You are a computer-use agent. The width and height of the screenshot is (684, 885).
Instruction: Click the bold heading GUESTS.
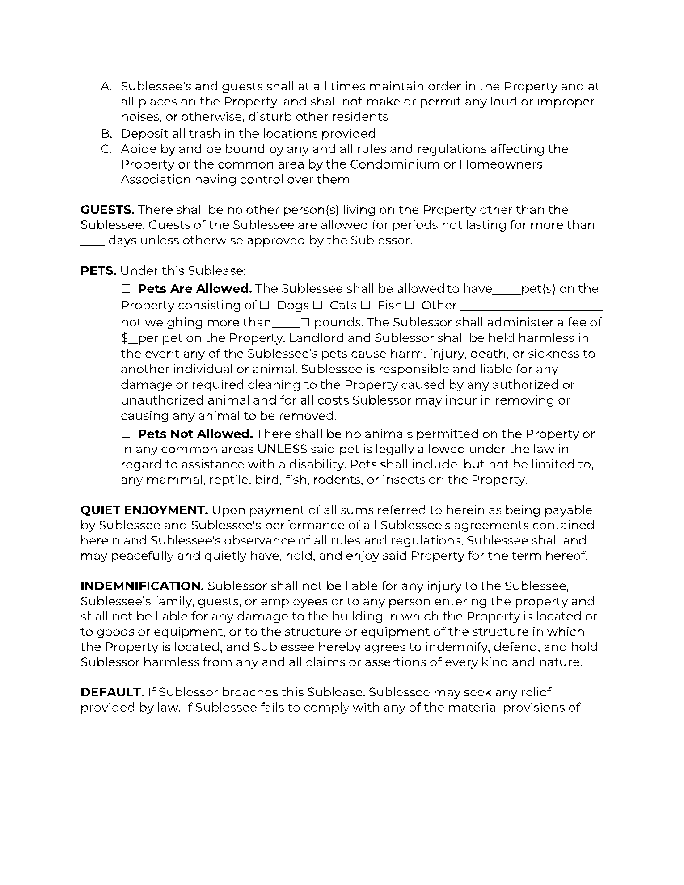(x=107, y=210)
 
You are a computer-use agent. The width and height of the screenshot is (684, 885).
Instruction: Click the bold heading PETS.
(x=98, y=271)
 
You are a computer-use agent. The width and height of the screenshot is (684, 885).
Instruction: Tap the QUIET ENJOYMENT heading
(x=144, y=510)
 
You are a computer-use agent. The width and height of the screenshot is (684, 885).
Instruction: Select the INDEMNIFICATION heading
(x=142, y=586)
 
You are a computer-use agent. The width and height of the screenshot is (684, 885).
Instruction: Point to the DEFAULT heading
(x=112, y=692)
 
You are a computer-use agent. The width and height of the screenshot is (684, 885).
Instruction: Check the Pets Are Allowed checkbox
(x=125, y=289)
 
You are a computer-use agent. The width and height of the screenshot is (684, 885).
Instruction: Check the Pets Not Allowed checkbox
(x=125, y=434)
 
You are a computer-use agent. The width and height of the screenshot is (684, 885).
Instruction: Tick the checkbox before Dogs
(x=264, y=306)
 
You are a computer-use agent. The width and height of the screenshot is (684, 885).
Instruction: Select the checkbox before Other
(x=410, y=306)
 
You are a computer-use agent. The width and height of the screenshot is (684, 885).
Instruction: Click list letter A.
(x=106, y=86)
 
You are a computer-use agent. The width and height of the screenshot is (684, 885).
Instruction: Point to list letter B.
(x=106, y=134)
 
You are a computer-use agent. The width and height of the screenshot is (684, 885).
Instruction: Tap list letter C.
(x=106, y=149)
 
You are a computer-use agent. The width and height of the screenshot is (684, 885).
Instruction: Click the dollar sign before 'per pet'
(x=124, y=338)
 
